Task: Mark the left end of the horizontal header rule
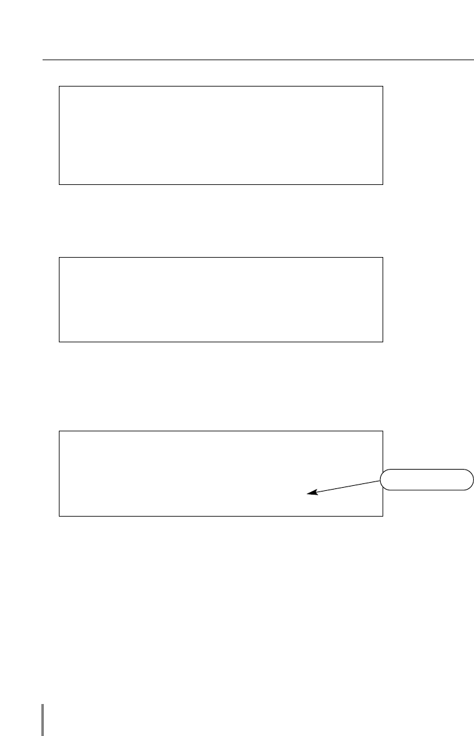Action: (44, 61)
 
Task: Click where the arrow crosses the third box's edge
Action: (383, 481)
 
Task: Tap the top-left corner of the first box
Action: (59, 87)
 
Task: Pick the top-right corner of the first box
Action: (383, 87)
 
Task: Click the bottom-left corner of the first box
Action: (59, 184)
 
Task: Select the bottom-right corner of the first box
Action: (383, 184)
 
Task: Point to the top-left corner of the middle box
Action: (59, 257)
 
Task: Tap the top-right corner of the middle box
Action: (383, 257)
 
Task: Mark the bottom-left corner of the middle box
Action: (59, 342)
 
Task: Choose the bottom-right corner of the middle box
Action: (383, 342)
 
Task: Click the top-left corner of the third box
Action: (59, 431)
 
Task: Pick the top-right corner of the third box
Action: (383, 431)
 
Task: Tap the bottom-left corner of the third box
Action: (59, 516)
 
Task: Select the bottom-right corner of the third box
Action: (383, 516)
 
